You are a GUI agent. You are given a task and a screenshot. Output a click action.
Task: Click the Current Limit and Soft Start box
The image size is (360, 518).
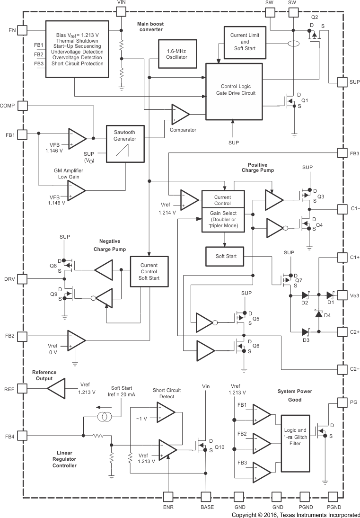pyautogui.click(x=244, y=42)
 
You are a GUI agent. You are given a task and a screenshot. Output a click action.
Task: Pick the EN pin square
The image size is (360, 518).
pyautogui.click(x=22, y=30)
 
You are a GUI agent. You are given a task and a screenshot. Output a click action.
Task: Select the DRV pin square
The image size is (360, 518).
pyautogui.click(x=22, y=279)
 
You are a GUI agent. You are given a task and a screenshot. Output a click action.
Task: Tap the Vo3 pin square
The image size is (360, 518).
pyautogui.click(x=342, y=295)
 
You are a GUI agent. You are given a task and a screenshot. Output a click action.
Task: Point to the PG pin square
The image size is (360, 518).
pyautogui.click(x=342, y=402)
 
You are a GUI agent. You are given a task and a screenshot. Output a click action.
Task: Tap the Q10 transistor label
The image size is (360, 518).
pyautogui.click(x=220, y=447)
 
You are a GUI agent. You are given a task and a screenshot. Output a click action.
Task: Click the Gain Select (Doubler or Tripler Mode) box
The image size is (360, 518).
pyautogui.click(x=222, y=220)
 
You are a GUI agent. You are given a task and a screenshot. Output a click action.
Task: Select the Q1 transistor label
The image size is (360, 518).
pyautogui.click(x=305, y=101)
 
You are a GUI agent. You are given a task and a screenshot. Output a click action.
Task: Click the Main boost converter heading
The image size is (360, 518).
pyautogui.click(x=150, y=27)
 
